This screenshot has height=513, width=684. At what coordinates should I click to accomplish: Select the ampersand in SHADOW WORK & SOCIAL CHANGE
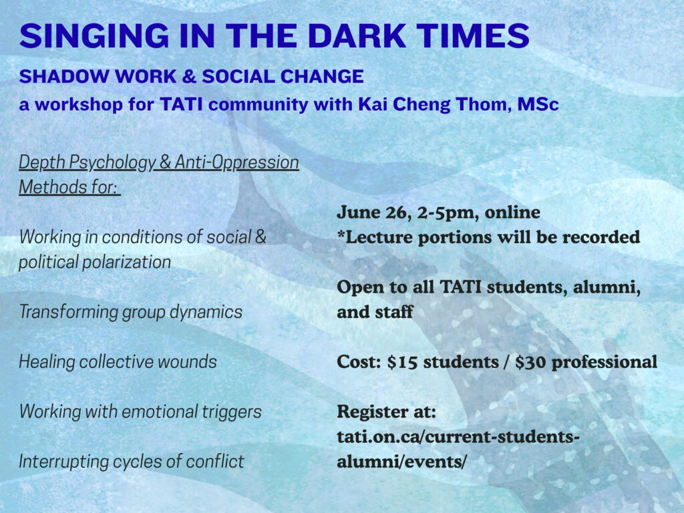[x=189, y=76]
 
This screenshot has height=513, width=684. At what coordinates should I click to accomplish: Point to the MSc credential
[x=538, y=104]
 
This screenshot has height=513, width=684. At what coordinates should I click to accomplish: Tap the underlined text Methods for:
[x=69, y=187]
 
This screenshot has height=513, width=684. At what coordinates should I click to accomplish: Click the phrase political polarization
[x=95, y=262]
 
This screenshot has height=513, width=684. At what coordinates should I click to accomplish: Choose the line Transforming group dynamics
[x=130, y=312]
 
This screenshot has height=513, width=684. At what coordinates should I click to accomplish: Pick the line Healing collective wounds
[x=118, y=361]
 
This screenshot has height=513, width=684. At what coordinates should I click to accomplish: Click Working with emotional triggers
[x=140, y=411]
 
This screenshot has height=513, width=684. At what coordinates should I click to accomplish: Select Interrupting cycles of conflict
[x=132, y=461]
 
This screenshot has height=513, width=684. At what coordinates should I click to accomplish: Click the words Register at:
[x=387, y=411]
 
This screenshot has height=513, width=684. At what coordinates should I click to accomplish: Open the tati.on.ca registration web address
[x=458, y=449]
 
